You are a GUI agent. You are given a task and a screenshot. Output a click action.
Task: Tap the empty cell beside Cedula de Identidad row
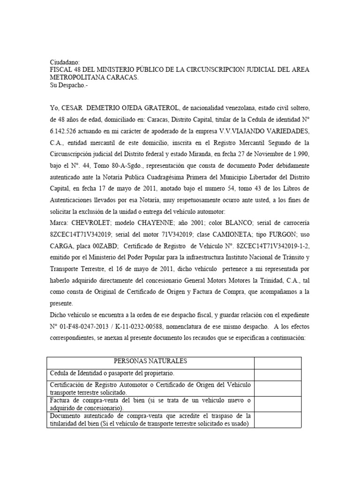click(277, 374)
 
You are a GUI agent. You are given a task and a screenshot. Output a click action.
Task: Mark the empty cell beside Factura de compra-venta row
click(277, 404)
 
